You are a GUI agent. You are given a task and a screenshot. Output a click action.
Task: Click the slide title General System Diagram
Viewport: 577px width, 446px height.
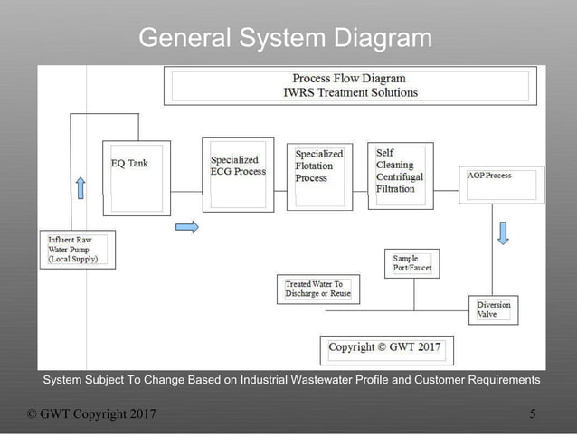tap(285, 38)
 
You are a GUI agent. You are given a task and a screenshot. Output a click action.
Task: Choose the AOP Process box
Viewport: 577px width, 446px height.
tap(500, 184)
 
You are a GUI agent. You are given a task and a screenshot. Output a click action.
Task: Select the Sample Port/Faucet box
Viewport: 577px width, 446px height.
tap(411, 263)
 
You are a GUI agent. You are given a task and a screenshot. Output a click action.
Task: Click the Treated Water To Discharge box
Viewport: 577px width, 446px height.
tap(317, 289)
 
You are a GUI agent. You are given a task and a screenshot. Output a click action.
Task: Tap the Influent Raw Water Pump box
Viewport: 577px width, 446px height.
tap(79, 249)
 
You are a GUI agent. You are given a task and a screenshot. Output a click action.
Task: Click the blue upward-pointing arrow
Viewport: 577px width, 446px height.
tap(80, 188)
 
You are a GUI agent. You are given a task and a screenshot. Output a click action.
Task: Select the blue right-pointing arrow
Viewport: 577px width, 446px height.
tap(186, 227)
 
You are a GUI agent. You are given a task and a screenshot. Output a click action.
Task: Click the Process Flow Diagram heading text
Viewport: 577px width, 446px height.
tap(349, 79)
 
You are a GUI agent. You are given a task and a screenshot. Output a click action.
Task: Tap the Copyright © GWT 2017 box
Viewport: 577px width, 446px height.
tap(386, 348)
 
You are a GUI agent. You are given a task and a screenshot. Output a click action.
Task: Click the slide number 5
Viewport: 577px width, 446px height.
tap(533, 414)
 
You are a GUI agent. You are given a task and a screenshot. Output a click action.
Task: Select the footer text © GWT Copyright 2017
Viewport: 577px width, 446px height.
tap(91, 414)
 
